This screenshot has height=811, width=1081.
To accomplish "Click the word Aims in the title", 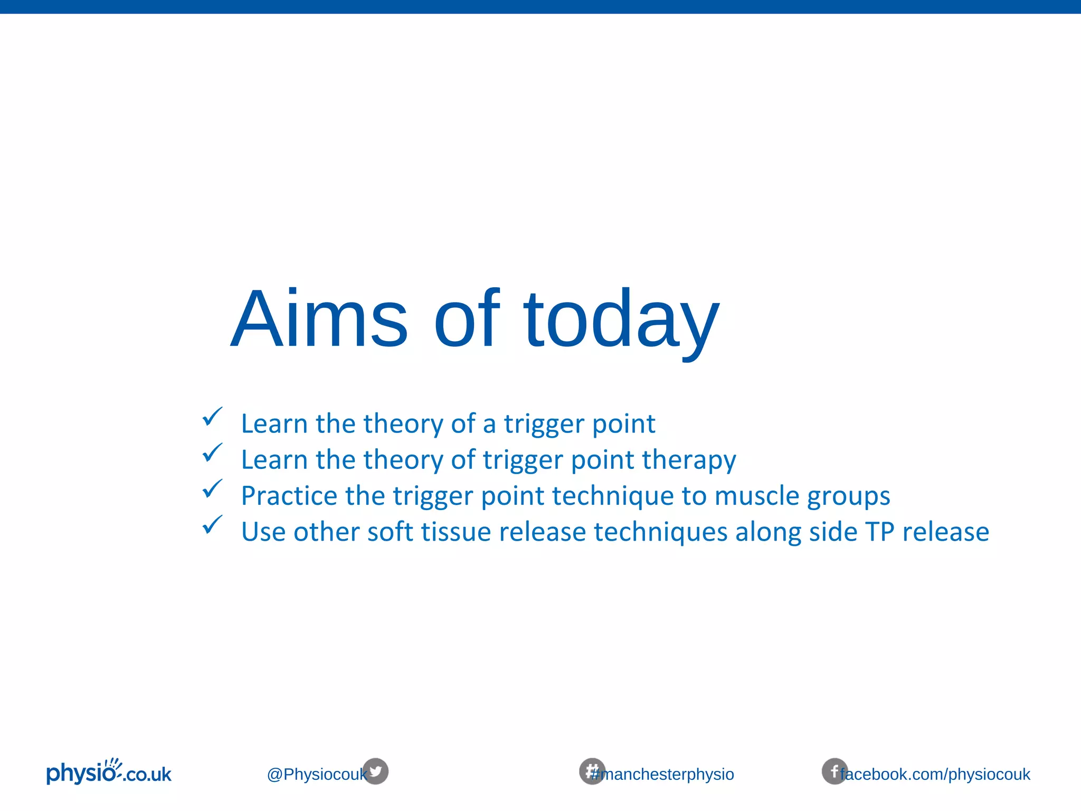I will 319,319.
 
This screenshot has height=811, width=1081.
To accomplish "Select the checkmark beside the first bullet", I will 212,417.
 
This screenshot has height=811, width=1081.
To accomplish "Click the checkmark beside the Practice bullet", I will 212,489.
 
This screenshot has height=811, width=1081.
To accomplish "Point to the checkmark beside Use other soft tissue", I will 212,525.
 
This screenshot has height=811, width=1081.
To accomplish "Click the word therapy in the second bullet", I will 689,460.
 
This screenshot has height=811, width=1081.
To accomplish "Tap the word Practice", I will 289,496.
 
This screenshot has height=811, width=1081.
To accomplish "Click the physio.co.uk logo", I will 109,772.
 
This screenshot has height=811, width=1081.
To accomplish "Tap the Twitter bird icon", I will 375,771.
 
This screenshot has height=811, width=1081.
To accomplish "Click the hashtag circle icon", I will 592,771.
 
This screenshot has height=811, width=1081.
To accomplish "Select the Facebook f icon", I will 834,771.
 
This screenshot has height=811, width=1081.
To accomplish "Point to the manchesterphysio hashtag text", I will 668,775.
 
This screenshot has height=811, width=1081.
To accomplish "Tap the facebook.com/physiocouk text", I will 935,775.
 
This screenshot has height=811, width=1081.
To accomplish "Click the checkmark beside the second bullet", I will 212,453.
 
